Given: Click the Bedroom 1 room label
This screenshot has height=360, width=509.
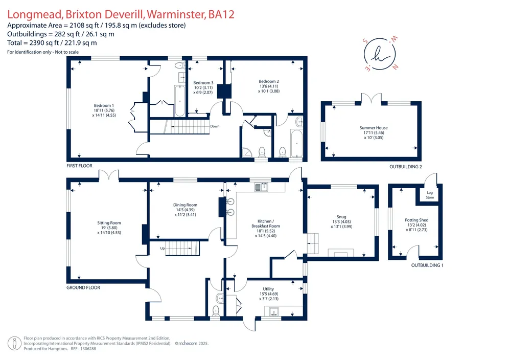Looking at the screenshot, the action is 104,110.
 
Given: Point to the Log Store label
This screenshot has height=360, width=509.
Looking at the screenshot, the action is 430,195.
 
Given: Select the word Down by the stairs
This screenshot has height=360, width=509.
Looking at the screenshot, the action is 215,126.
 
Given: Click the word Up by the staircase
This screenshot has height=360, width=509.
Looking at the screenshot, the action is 163,248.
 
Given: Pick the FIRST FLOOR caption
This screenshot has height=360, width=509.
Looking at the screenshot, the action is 80,166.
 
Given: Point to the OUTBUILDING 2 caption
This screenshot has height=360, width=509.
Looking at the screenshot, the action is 406,167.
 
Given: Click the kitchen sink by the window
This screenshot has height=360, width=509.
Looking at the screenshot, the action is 261,187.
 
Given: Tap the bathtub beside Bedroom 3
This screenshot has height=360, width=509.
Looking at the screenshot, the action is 179,101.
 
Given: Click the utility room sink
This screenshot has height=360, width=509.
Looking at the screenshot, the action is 273,311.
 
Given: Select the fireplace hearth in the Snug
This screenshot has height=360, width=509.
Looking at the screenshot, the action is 340,253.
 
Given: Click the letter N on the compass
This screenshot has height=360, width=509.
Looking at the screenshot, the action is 395,67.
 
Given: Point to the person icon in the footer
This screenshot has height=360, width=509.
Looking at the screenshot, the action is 14,344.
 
